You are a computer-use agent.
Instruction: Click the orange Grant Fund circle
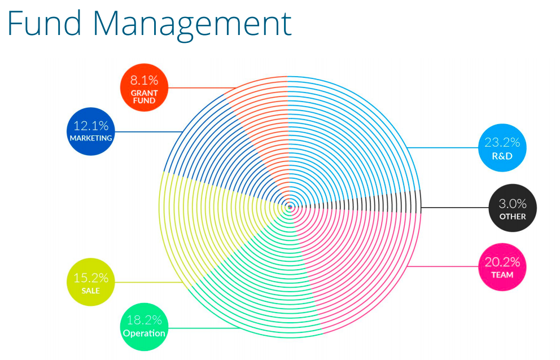point(144,87)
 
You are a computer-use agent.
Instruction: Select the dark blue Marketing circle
point(91,131)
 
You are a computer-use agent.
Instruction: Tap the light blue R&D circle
point(502,147)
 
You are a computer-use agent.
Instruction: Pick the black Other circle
point(513,208)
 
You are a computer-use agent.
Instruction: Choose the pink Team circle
point(502,267)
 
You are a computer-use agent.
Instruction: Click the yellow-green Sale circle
point(91,282)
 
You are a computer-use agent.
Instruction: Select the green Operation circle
point(144,327)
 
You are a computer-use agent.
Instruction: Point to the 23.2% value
point(502,143)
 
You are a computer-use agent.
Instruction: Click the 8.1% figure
point(144,80)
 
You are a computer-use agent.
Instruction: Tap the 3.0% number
point(513,204)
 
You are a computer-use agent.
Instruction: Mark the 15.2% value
point(91,278)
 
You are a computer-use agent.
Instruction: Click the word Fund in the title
point(44,24)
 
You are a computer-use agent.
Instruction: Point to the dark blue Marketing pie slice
point(218,150)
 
